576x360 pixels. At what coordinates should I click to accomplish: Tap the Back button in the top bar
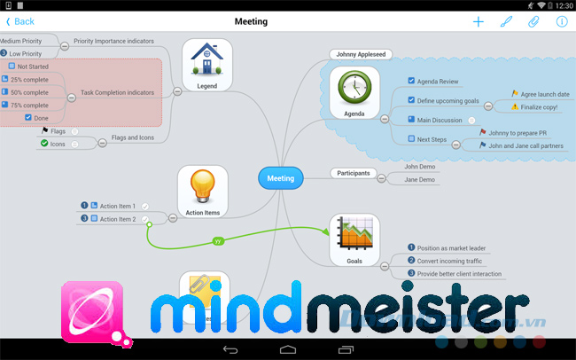[x=20, y=21]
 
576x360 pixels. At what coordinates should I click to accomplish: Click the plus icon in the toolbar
[x=479, y=21]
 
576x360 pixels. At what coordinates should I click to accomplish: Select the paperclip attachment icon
[x=533, y=21]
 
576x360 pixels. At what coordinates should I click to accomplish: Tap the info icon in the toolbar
[x=561, y=21]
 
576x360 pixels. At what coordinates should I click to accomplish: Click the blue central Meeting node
[x=280, y=178]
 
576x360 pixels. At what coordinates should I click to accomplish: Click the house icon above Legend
[x=206, y=59]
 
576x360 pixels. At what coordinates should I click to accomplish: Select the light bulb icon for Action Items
[x=203, y=186]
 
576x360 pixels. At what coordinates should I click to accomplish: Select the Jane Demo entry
[x=420, y=180]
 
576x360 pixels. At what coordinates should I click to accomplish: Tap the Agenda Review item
[x=438, y=82]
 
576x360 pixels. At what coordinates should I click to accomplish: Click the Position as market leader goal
[x=452, y=248]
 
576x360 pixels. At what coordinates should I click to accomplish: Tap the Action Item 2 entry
[x=117, y=219]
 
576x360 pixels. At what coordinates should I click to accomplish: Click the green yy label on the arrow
[x=218, y=240]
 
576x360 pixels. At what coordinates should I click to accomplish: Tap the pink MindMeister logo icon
[x=92, y=310]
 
